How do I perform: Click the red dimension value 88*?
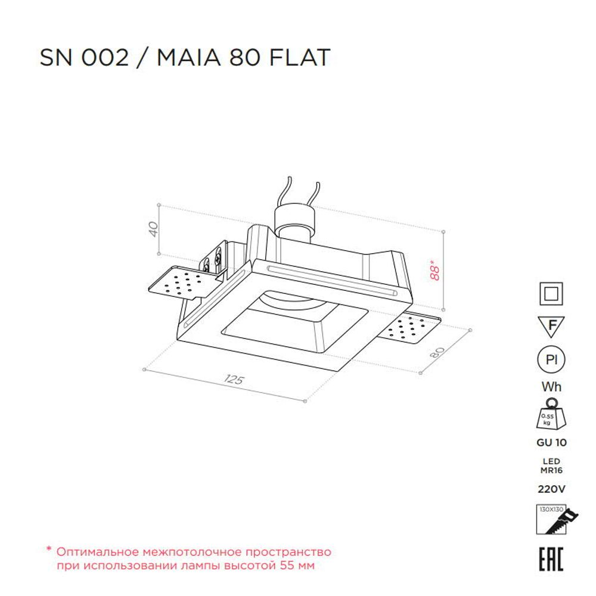tap(436, 269)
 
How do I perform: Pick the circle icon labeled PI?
tap(551, 360)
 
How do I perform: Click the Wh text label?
tap(551, 387)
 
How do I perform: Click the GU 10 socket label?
tap(551, 443)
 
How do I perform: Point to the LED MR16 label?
tap(551, 465)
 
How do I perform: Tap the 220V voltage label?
tap(551, 489)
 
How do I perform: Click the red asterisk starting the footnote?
tap(49, 551)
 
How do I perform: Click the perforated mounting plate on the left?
tap(177, 284)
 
